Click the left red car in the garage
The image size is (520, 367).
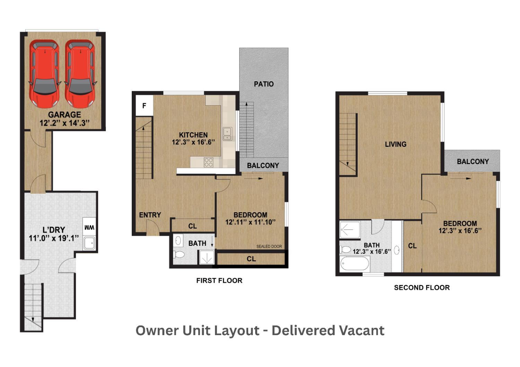(44, 73)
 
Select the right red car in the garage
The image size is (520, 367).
(80, 73)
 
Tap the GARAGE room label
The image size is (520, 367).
(64, 115)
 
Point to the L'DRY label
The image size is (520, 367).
(54, 230)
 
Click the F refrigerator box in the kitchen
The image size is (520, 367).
(144, 106)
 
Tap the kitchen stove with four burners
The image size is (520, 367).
(208, 162)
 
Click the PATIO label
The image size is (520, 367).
(263, 84)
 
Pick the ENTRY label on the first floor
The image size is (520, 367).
(150, 215)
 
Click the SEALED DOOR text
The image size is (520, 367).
(269, 247)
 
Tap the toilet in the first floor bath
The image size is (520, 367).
(179, 255)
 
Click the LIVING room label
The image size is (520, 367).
(396, 144)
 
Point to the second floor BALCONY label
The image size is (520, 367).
(473, 162)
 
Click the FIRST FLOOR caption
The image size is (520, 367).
(219, 281)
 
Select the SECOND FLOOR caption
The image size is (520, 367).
(422, 288)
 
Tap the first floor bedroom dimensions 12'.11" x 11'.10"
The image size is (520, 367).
(250, 222)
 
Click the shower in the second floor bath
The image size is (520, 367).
(350, 230)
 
